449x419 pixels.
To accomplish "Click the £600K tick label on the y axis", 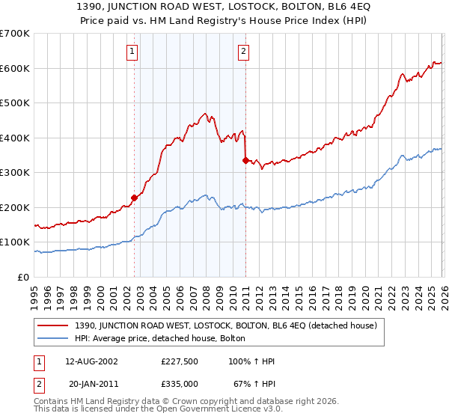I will (15, 68).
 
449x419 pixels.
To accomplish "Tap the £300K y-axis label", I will (15, 173).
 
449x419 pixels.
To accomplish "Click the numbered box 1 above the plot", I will (132, 52).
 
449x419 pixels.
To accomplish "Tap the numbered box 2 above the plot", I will (244, 52).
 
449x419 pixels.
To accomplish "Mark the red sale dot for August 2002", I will (135, 198).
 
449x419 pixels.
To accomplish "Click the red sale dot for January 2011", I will (245, 160).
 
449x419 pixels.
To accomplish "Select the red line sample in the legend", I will (54, 325).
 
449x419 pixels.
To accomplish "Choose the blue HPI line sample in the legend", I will (54, 338).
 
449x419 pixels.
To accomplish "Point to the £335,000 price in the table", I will (180, 383).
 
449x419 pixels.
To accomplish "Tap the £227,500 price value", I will (180, 361).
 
